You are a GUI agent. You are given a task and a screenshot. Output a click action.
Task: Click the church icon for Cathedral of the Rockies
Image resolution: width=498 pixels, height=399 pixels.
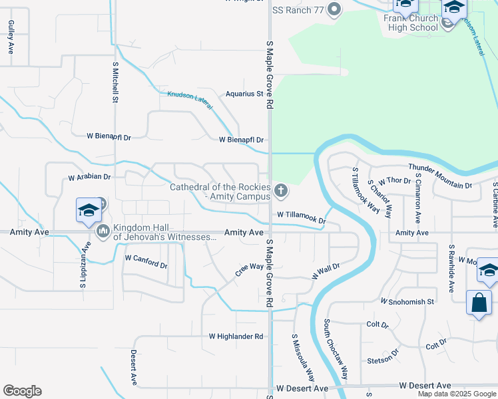[x=281, y=192]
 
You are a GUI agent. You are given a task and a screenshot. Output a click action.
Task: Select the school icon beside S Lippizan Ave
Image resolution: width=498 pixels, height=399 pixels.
[x=89, y=211]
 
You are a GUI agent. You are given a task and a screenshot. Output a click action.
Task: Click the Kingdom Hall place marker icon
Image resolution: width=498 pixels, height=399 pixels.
[x=103, y=231]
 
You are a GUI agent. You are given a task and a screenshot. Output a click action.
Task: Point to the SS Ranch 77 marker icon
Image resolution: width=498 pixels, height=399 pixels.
[x=334, y=9]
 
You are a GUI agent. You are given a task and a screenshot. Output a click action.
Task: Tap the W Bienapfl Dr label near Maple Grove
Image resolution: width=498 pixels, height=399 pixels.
[x=242, y=140]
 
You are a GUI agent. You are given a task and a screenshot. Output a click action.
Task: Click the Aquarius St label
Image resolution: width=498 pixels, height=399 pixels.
[x=244, y=94]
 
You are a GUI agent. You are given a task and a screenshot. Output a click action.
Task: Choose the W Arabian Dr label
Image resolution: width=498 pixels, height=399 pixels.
[x=89, y=178]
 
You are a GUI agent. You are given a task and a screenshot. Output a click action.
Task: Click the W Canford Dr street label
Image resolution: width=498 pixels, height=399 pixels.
[x=146, y=260]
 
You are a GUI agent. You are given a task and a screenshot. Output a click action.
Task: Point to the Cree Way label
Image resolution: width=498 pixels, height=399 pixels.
[x=250, y=270]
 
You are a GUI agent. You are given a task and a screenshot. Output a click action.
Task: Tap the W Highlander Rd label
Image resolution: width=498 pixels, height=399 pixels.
[x=236, y=336]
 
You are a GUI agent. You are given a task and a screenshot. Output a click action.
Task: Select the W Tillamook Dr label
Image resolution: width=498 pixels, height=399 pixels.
[x=302, y=217]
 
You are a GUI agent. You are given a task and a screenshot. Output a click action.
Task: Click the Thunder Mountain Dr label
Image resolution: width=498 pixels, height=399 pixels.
[x=439, y=176]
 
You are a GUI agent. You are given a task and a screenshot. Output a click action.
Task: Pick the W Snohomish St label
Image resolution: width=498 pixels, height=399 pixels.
[x=407, y=301]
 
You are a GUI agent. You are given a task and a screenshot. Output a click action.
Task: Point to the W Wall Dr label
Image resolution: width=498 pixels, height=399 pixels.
[x=326, y=271]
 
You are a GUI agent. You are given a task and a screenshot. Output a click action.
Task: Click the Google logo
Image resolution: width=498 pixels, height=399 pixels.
[x=23, y=391]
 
